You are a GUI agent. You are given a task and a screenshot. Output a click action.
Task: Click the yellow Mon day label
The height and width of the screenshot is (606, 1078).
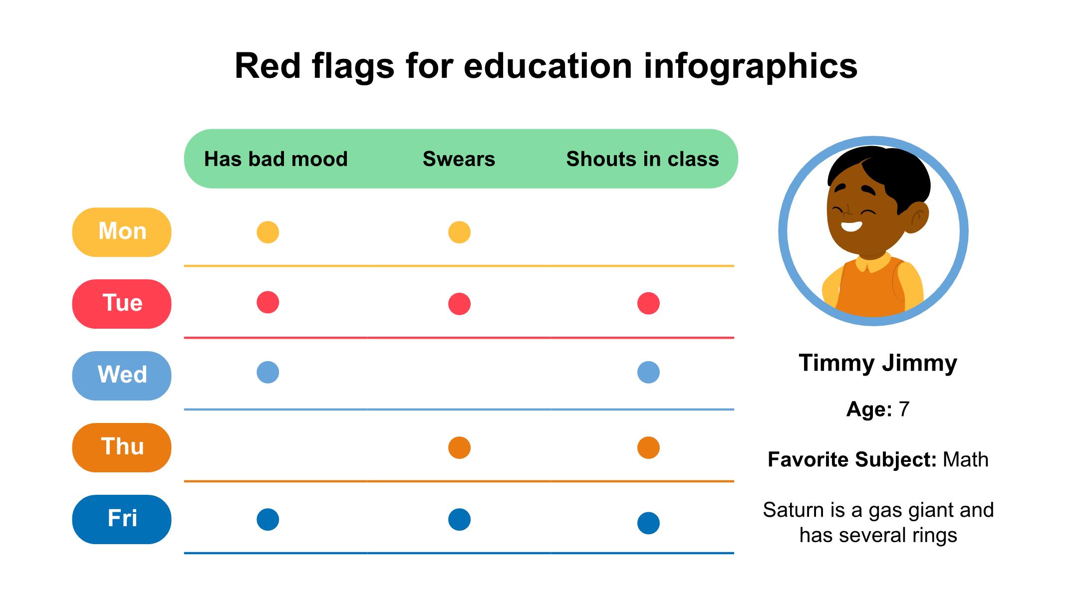122,232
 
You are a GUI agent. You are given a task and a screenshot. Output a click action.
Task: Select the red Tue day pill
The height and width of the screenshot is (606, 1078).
122,304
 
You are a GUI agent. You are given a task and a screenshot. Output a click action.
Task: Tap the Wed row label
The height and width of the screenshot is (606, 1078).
122,376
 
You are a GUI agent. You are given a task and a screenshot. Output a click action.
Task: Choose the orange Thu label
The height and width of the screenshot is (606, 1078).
122,447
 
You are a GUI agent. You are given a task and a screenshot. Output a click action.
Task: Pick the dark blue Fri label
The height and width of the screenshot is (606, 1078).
122,519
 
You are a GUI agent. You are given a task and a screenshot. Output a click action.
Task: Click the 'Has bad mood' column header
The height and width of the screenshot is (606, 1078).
275,159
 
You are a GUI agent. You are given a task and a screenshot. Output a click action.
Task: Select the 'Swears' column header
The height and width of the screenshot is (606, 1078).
459,159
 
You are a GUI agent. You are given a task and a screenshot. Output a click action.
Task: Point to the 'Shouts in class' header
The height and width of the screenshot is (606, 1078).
642,159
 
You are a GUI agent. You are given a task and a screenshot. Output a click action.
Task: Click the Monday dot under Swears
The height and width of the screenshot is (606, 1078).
459,232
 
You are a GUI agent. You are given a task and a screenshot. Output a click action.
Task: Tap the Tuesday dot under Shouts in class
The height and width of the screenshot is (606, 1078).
648,303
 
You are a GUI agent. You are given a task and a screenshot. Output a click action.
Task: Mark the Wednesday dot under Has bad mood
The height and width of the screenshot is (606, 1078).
268,372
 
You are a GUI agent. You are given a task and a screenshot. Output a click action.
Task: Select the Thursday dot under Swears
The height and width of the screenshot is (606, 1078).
459,447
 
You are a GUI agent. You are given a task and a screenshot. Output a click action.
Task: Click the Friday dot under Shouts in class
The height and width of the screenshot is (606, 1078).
648,523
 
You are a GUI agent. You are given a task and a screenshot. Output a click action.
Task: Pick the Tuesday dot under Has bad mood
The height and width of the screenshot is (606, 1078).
268,302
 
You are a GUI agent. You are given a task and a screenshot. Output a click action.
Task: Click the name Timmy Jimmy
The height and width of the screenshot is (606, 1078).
878,363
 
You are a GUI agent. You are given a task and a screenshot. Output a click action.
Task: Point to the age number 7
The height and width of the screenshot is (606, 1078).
904,409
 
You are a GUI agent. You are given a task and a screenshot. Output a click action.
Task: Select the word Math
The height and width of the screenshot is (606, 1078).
965,459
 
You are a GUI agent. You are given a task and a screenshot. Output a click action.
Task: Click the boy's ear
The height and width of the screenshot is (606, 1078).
916,216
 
